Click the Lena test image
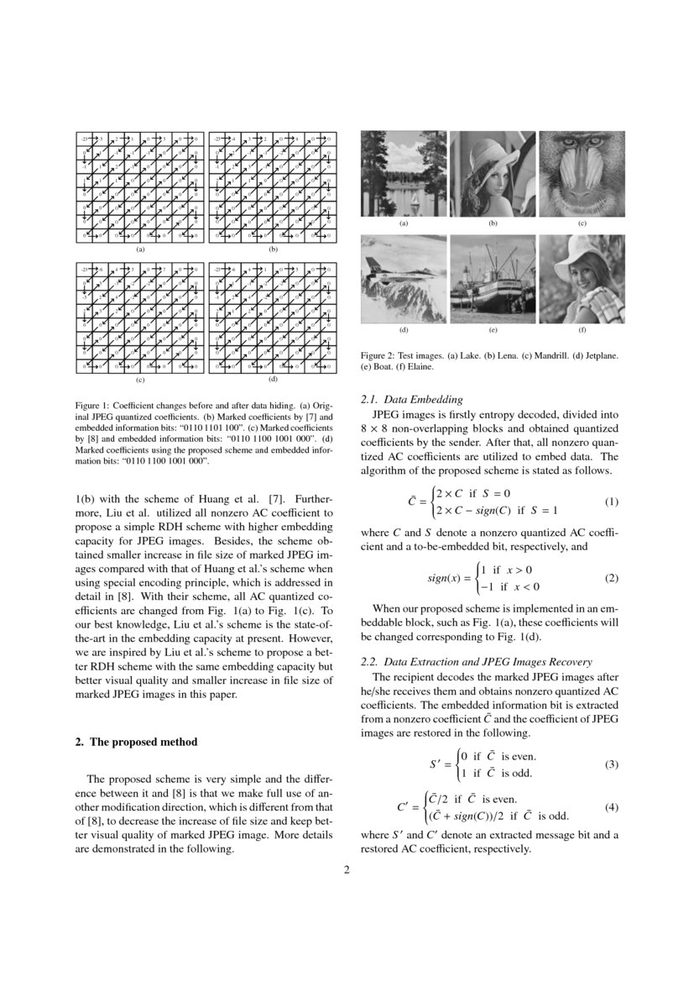[x=493, y=174]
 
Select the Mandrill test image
[x=582, y=174]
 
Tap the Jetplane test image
[x=404, y=279]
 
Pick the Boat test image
[x=493, y=279]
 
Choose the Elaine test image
[x=582, y=279]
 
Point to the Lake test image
[x=404, y=174]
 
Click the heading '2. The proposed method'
[x=136, y=742]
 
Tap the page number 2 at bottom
[x=346, y=869]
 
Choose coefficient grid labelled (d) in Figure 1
[x=273, y=317]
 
